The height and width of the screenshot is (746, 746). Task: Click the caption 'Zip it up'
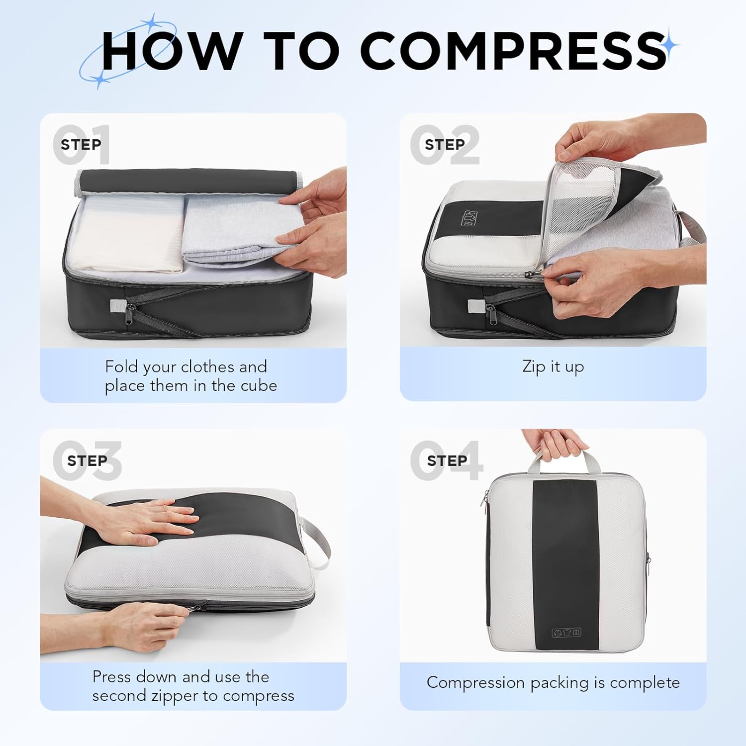point(553,367)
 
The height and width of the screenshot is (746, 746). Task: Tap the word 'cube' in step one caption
point(259,386)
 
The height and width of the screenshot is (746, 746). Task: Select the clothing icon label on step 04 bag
point(566,633)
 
